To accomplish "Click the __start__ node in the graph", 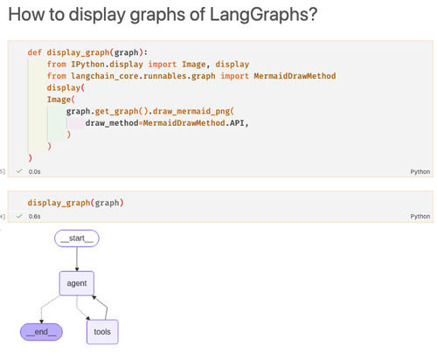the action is pyautogui.click(x=77, y=239).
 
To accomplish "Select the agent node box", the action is pyautogui.click(x=77, y=283).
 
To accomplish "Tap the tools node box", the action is pyautogui.click(x=102, y=332).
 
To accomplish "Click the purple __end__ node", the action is pyautogui.click(x=41, y=332).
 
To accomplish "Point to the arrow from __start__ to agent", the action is pyautogui.click(x=77, y=259).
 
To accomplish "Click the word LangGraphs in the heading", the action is pyautogui.click(x=263, y=14).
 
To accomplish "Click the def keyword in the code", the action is pyautogui.click(x=35, y=52).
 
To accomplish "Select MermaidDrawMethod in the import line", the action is pyautogui.click(x=295, y=76).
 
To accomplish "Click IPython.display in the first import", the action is pyautogui.click(x=107, y=65).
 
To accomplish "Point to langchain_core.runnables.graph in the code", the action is pyautogui.click(x=143, y=76).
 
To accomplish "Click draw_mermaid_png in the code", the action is pyautogui.click(x=191, y=111).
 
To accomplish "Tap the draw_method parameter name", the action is pyautogui.click(x=112, y=123).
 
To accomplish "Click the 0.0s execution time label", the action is pyautogui.click(x=34, y=171).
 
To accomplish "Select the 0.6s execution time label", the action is pyautogui.click(x=34, y=216).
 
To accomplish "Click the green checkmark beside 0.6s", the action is pyautogui.click(x=19, y=216).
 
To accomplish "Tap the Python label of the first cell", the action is pyautogui.click(x=420, y=172).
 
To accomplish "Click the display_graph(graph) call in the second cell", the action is pyautogui.click(x=76, y=203).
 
